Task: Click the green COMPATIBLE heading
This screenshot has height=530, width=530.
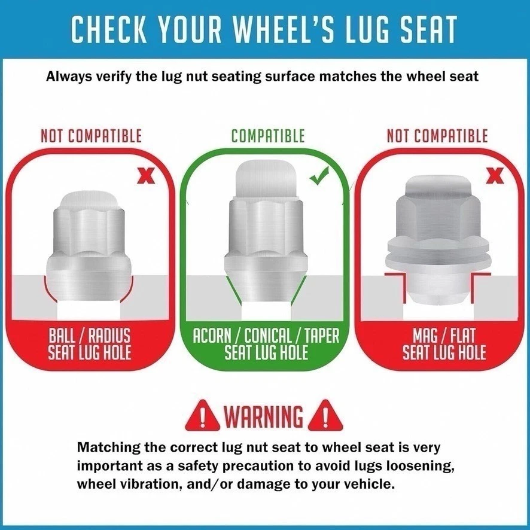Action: (x=268, y=136)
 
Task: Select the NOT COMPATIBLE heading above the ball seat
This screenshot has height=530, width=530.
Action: (x=92, y=136)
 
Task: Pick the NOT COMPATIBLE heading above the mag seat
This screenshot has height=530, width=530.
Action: (x=437, y=136)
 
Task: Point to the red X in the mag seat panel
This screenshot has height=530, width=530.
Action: (x=495, y=176)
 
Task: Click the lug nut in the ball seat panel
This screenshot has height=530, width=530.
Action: (x=88, y=245)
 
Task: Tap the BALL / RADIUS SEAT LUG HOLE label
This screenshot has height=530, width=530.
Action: (x=90, y=343)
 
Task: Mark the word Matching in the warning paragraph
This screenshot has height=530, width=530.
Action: (x=107, y=447)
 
